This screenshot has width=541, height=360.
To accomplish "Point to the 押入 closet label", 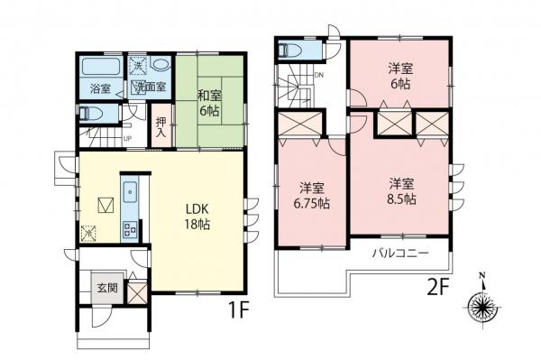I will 161,127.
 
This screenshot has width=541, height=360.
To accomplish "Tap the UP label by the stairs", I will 127,138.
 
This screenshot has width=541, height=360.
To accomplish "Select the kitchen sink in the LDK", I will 129,191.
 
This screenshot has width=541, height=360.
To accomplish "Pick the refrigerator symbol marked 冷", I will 88,234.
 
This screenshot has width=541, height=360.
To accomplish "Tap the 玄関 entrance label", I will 107,289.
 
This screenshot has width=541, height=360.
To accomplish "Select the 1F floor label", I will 236,311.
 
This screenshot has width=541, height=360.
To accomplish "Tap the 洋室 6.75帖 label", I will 312,196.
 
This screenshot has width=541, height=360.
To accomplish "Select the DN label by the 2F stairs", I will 318,76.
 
